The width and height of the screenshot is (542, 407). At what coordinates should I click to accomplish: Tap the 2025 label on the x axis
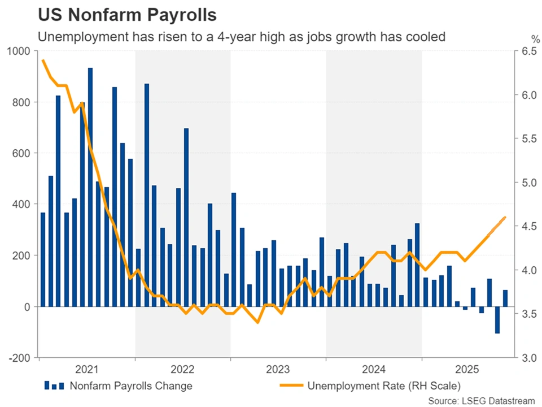[x=469, y=370]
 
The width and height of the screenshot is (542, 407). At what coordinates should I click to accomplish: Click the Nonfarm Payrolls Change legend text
[x=131, y=387]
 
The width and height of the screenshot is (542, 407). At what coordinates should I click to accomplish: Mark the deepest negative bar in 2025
[x=497, y=320]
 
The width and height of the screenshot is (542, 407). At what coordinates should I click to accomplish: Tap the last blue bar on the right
[x=505, y=298]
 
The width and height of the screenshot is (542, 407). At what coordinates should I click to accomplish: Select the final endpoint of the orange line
[x=505, y=217]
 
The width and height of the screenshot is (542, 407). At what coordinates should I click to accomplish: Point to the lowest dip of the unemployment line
[x=257, y=322]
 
